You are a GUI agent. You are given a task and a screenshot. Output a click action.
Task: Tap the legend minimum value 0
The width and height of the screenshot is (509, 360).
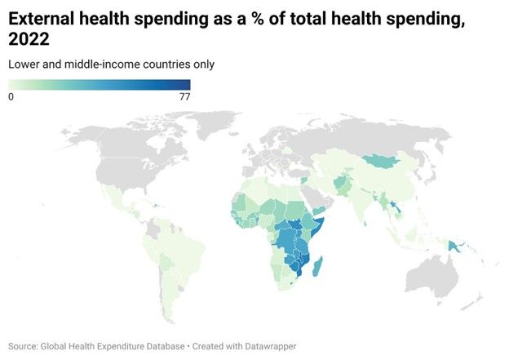coord(11,96)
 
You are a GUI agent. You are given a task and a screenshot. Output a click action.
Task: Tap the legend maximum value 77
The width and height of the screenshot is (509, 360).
coord(184,96)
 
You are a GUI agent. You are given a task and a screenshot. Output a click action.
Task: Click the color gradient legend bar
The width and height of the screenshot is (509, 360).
coord(99,85)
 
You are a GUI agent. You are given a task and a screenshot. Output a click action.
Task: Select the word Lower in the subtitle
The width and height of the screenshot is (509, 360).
coord(24,64)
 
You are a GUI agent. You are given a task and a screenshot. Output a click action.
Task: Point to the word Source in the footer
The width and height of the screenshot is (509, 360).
coord(25,346)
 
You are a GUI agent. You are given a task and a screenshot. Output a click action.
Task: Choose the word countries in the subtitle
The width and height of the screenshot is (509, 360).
coord(166,64)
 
